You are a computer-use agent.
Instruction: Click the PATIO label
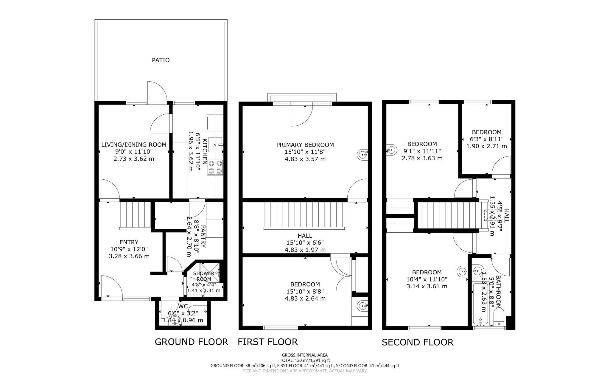161,60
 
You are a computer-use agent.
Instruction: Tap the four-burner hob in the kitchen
216,167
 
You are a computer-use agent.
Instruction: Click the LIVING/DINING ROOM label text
134,145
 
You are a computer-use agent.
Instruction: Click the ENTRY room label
129,242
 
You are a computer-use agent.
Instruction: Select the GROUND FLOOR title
191,342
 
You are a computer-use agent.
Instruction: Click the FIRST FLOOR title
267,342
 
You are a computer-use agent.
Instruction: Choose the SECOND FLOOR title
417,342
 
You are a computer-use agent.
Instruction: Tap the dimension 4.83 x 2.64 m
305,298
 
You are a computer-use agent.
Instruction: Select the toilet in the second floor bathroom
498,318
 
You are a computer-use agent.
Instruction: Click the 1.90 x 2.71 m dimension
486,146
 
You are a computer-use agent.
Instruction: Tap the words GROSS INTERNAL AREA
305,355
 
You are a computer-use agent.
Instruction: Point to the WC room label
183,307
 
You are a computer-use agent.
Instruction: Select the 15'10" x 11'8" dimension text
305,152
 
